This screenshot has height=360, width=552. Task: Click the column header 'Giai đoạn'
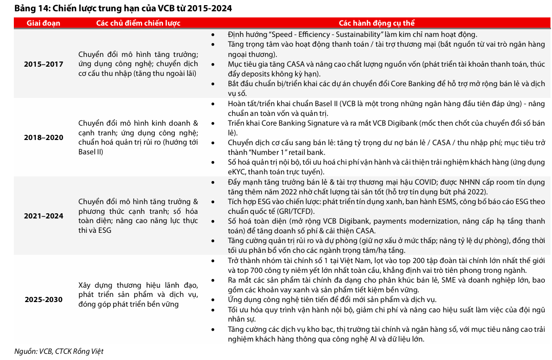pyautogui.click(x=44, y=23)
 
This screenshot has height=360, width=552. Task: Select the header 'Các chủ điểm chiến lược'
pyautogui.click(x=138, y=23)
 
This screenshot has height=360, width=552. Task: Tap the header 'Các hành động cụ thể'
pyautogui.click(x=377, y=23)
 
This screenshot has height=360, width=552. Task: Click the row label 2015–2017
pyautogui.click(x=44, y=64)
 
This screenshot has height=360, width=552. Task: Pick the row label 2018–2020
pyautogui.click(x=44, y=137)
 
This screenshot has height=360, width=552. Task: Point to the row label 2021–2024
pyautogui.click(x=44, y=216)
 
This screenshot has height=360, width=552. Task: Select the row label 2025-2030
pyautogui.click(x=44, y=299)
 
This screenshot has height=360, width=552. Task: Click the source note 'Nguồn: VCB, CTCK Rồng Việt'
pyautogui.click(x=58, y=351)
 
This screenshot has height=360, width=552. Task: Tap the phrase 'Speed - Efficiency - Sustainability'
pyautogui.click(x=326, y=35)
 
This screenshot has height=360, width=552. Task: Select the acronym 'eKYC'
pyautogui.click(x=238, y=172)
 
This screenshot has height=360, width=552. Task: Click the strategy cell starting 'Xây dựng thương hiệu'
pyautogui.click(x=138, y=294)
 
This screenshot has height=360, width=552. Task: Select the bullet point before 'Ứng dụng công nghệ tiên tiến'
pyautogui.click(x=213, y=299)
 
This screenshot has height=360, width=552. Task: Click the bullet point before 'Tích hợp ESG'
pyautogui.click(x=213, y=202)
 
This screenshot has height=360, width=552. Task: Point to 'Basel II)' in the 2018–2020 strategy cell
pyautogui.click(x=91, y=152)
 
